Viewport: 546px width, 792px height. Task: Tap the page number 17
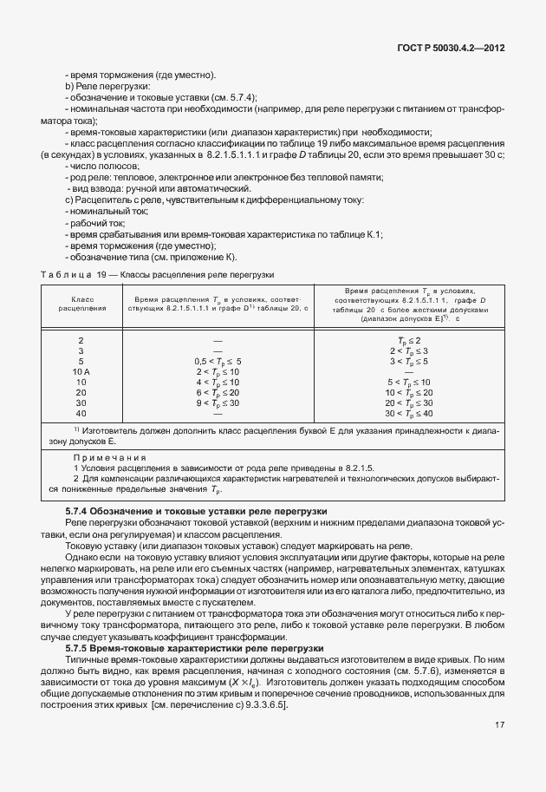499,749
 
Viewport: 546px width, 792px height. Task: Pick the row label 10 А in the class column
81,371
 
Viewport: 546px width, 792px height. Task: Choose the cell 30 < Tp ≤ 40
409,413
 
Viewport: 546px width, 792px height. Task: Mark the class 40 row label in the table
81,413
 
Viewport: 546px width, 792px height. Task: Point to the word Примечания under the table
110,457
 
